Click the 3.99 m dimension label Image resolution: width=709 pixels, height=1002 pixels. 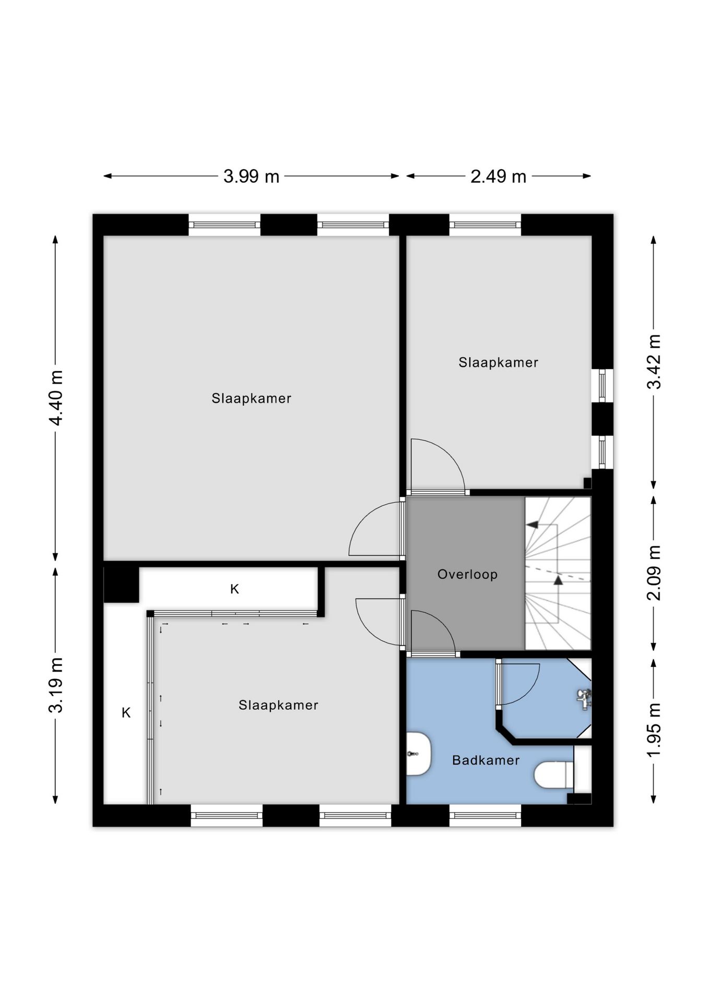[x=251, y=176]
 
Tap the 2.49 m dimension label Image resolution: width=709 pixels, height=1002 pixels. [x=498, y=176]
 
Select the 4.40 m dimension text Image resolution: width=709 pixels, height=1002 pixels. [x=55, y=398]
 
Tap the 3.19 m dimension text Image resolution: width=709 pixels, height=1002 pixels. [x=55, y=685]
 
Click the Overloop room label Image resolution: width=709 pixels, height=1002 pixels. [x=467, y=574]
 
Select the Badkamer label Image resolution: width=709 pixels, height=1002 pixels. [x=486, y=760]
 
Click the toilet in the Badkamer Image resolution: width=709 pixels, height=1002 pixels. [x=554, y=774]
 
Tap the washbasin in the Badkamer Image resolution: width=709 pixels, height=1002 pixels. [x=418, y=753]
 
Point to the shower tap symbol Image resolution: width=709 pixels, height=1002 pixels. [x=584, y=698]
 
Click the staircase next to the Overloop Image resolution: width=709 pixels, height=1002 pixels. [x=558, y=573]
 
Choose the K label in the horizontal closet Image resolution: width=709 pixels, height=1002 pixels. [x=234, y=589]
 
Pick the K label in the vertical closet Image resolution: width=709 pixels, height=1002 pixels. [x=126, y=712]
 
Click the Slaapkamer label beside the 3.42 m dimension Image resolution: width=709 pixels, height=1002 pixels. [x=498, y=362]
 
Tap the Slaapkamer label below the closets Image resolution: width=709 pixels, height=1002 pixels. [x=278, y=705]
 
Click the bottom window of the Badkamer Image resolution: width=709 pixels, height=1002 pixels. [x=485, y=815]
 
